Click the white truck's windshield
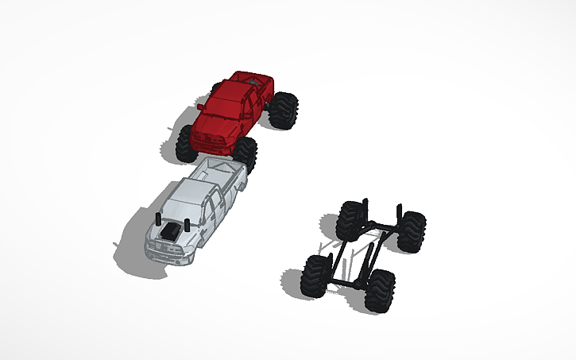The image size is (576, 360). (184, 211)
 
